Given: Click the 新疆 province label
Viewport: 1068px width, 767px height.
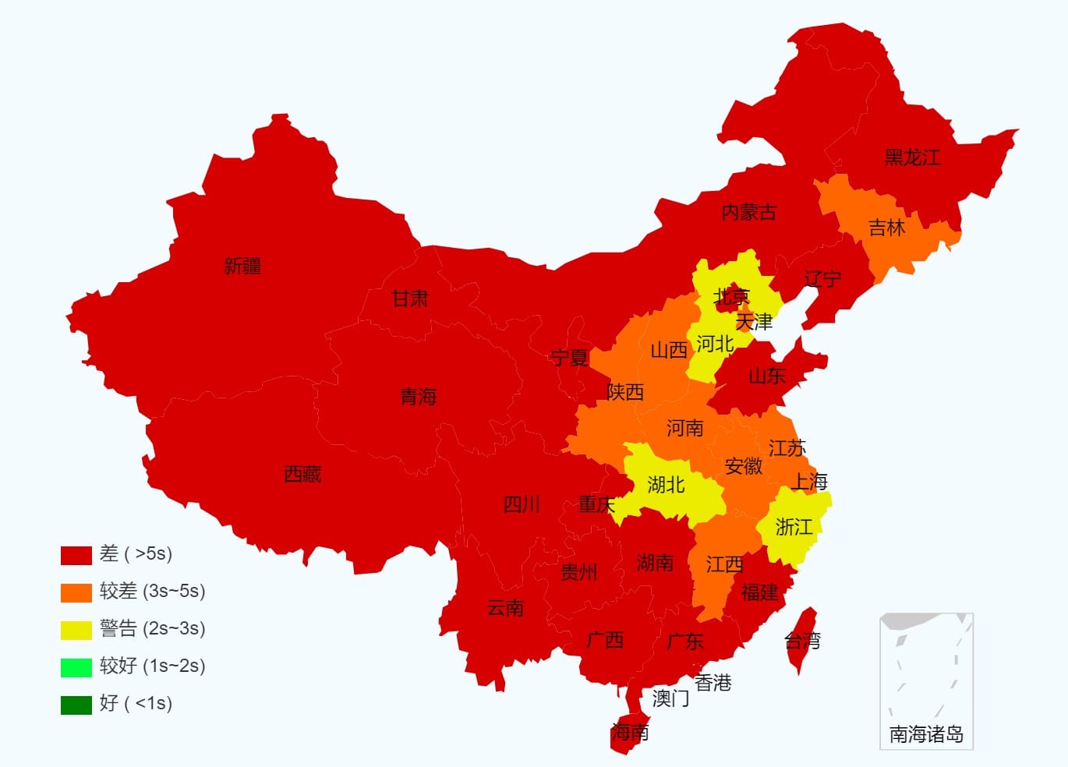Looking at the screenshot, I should (x=242, y=266).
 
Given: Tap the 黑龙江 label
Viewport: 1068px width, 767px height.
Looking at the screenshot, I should (x=912, y=157).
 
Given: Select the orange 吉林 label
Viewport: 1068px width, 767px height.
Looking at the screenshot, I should (x=887, y=228).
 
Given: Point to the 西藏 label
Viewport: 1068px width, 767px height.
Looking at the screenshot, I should (x=302, y=474).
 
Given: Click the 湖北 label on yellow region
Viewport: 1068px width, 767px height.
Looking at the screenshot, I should (x=667, y=485).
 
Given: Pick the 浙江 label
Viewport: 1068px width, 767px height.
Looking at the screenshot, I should (x=794, y=527).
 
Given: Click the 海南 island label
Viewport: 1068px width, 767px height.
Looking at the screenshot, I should (x=630, y=732).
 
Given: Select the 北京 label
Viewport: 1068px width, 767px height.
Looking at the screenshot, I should (x=731, y=296).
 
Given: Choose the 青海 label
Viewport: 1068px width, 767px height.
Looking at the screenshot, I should (x=419, y=397).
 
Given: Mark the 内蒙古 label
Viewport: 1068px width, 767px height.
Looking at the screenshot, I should (x=748, y=212).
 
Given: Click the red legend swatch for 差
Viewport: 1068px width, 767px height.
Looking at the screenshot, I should (x=76, y=555).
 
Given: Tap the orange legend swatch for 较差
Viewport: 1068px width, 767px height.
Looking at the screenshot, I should (x=76, y=592).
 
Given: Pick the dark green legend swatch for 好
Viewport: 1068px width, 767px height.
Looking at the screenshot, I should (x=76, y=705).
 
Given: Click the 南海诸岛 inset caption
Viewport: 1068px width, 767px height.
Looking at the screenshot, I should (x=926, y=734).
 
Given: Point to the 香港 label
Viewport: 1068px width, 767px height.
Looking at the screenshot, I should (x=713, y=683).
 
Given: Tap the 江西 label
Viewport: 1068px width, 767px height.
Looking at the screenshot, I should (x=724, y=564).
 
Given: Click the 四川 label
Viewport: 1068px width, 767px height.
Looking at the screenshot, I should (x=522, y=504).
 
